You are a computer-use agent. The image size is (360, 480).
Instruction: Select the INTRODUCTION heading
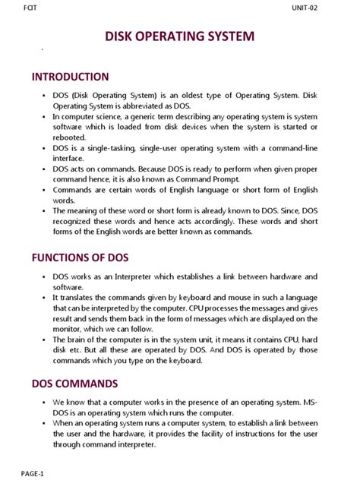[x=70, y=77]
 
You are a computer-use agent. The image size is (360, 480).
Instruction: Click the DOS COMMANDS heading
[x=74, y=384]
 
